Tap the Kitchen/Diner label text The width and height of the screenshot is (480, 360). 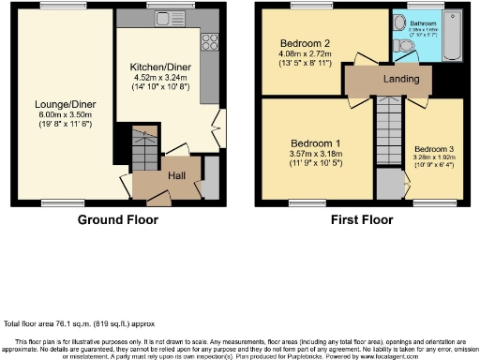(165, 67)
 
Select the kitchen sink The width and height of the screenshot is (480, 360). (167, 19)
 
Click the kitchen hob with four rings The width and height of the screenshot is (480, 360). (210, 41)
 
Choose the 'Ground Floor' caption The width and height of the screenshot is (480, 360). (117, 219)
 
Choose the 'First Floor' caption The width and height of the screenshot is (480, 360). (361, 219)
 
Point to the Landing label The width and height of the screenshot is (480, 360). (401, 81)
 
